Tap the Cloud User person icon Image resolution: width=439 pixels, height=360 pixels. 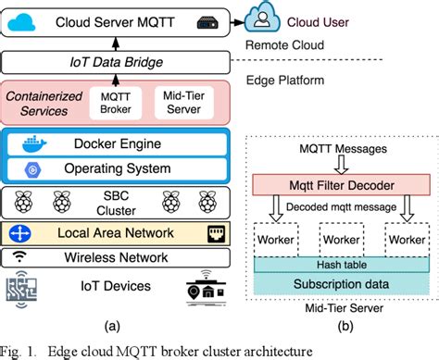click(x=265, y=16)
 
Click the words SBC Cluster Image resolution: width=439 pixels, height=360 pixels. click(x=116, y=202)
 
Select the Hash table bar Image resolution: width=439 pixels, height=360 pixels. click(x=335, y=264)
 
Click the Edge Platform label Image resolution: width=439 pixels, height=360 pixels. click(x=283, y=81)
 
